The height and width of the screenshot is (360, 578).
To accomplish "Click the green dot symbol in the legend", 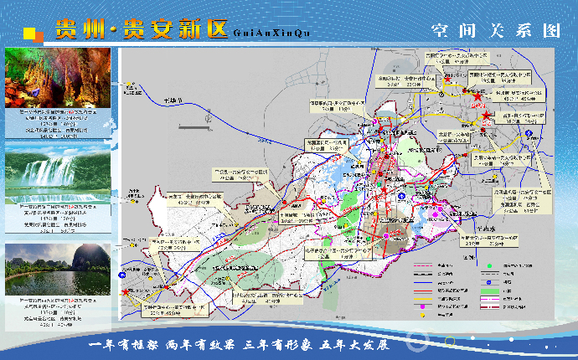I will point(486,266).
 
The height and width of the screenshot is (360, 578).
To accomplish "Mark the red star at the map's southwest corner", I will point(126,293).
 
